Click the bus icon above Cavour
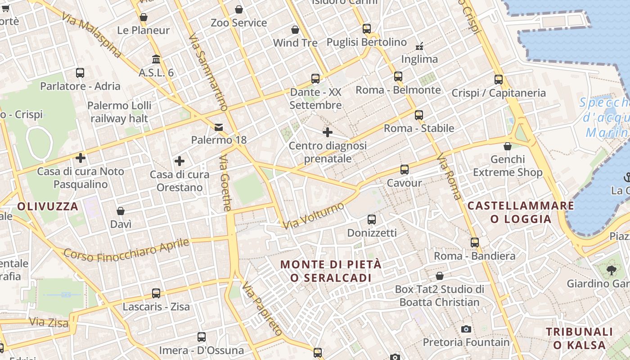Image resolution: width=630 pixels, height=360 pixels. coord(405,170)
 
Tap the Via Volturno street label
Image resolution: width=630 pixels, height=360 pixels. coord(315,215)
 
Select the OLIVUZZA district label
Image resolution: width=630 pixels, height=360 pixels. coord(48,207)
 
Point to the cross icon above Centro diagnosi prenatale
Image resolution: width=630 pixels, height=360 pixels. coord(328,132)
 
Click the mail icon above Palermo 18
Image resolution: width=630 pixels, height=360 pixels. coord(219,127)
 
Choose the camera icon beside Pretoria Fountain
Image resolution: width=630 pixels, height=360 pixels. coord(466,329)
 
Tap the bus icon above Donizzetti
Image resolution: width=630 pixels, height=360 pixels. coord(372,220)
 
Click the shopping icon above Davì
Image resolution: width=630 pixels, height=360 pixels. coord(121,211)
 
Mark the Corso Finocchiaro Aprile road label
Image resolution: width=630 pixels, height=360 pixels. coord(126,250)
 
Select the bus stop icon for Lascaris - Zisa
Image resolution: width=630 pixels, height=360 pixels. coord(156,293)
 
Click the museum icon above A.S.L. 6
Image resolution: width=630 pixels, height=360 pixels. coord(156,59)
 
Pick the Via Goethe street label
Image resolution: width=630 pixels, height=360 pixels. coord(225,183)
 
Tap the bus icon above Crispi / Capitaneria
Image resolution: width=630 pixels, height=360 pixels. coord(499,80)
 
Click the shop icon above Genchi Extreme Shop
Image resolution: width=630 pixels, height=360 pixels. coord(508,146)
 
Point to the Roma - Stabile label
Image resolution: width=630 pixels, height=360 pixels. coord(419,128)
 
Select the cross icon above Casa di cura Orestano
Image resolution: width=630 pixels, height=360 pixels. coord(180,161)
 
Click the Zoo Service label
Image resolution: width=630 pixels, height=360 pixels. coord(239,22)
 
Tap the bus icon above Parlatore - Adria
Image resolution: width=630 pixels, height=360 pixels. coord(80,72)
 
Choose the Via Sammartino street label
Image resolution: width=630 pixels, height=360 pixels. coord(208,72)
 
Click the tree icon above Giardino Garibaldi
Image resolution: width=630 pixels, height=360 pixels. coord(611,270)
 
